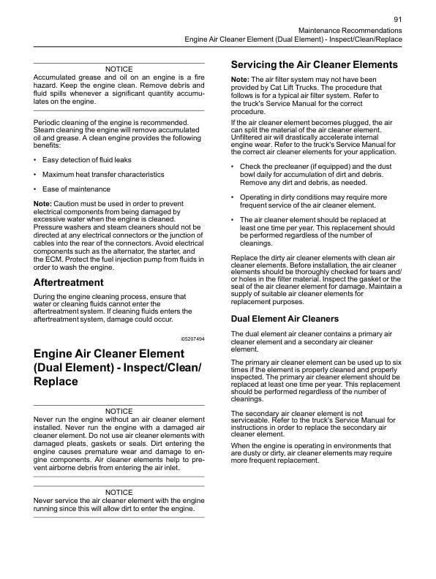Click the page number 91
coord(397,19)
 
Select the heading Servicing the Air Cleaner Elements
coord(314,64)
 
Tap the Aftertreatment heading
coord(69,282)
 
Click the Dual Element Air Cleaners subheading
coord(285,319)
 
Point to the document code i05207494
coord(192,339)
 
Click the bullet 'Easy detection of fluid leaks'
coord(87,159)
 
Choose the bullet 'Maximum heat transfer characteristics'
coord(103,174)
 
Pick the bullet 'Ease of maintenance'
coord(76,189)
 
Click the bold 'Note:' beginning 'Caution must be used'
coord(43,203)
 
